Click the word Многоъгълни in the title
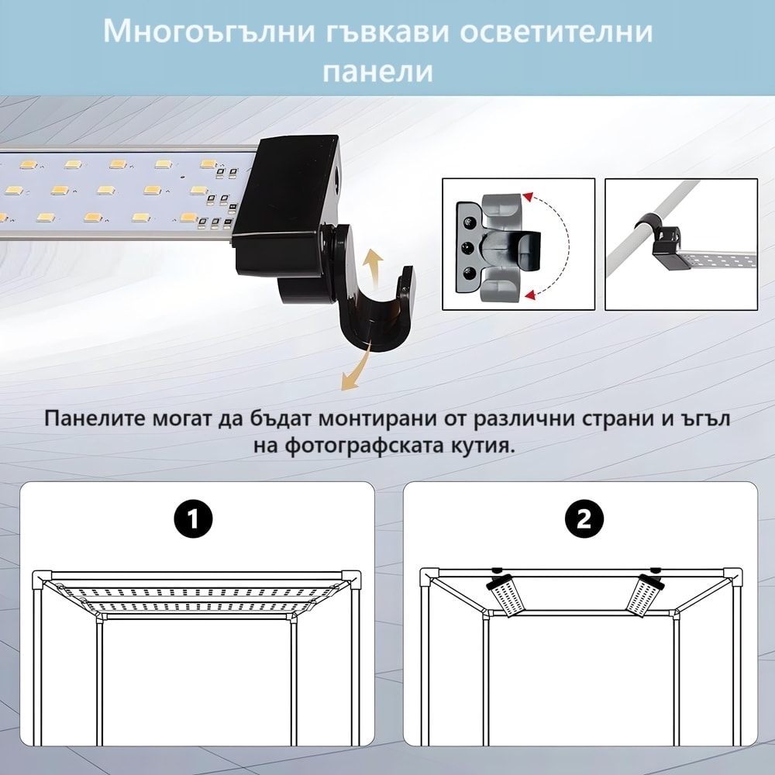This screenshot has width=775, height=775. [x=209, y=32]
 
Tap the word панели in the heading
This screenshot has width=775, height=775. [x=378, y=71]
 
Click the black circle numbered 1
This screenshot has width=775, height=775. [x=193, y=519]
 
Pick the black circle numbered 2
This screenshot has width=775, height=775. [x=584, y=519]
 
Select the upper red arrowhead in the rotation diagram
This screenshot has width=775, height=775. [x=528, y=197]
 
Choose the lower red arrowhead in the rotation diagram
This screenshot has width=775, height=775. [x=529, y=295]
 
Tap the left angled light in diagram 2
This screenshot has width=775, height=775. [x=505, y=595]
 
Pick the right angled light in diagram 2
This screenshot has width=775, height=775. [x=645, y=595]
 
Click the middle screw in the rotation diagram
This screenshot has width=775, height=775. [x=466, y=246]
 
